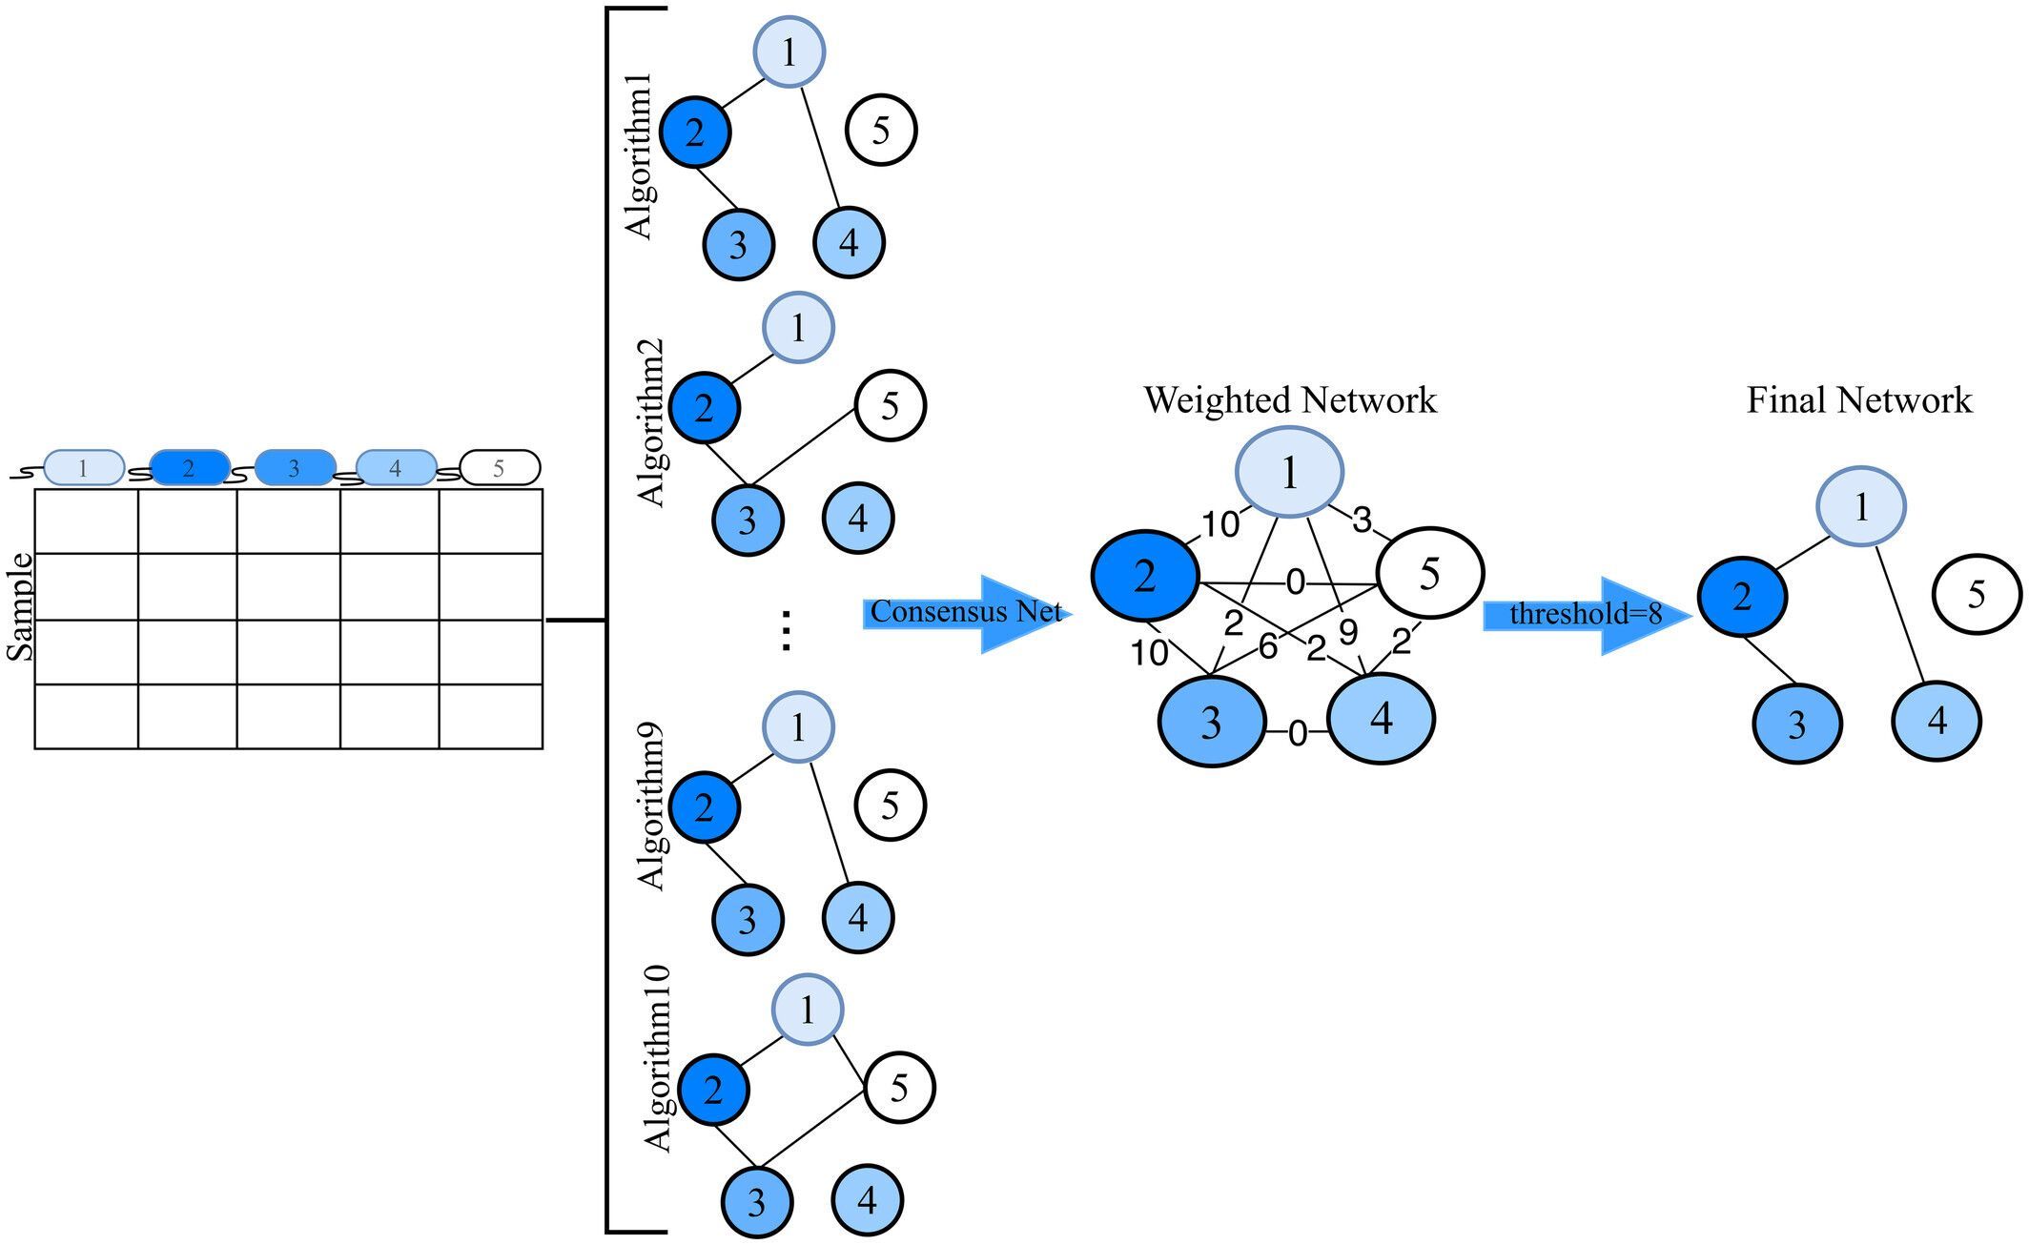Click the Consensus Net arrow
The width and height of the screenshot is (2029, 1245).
tap(965, 613)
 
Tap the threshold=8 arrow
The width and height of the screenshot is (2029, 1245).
tap(1585, 615)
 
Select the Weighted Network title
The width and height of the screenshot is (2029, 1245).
tap(1289, 400)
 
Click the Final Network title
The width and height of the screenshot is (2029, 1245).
tap(1858, 400)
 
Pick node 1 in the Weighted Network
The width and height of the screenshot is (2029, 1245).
tap(1289, 473)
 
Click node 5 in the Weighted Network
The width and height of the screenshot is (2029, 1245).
tap(1429, 574)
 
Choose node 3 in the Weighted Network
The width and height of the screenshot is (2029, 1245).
tap(1211, 722)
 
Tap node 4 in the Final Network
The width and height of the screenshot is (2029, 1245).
tap(1936, 721)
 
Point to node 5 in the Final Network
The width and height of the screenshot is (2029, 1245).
tap(1976, 594)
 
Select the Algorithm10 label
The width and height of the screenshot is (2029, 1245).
tap(657, 1060)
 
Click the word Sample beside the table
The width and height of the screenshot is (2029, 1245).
tap(20, 607)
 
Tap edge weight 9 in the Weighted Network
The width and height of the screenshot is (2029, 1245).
tap(1347, 632)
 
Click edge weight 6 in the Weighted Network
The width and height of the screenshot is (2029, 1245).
tap(1267, 646)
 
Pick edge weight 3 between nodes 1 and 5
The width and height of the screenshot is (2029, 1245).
tap(1362, 520)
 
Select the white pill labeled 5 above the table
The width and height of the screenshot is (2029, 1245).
tap(500, 468)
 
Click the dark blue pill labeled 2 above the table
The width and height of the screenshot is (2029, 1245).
tap(189, 468)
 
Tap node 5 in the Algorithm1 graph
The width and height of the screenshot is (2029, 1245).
tap(881, 130)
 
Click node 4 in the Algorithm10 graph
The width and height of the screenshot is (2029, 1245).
tap(867, 1199)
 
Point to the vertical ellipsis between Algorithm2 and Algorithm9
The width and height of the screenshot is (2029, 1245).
tap(786, 630)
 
